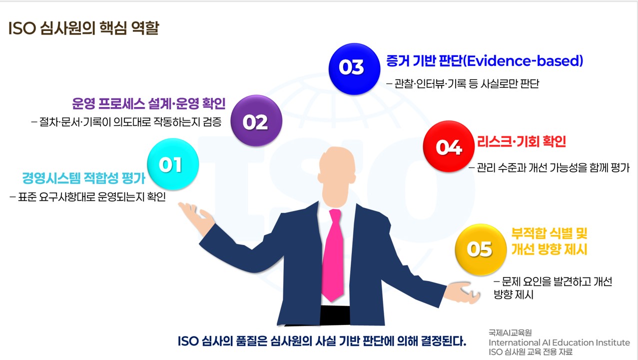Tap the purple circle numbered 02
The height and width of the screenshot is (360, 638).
point(256,121)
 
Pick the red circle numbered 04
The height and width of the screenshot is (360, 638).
point(448,146)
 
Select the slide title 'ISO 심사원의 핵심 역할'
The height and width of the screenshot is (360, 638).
point(83,28)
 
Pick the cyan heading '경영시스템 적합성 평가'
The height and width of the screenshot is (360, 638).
point(83,178)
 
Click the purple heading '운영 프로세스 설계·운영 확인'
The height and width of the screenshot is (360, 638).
point(149,104)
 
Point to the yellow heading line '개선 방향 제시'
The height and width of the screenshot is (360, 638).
point(549,250)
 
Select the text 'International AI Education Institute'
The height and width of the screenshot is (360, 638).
point(559,342)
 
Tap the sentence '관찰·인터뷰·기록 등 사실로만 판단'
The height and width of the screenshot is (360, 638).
point(463,84)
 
